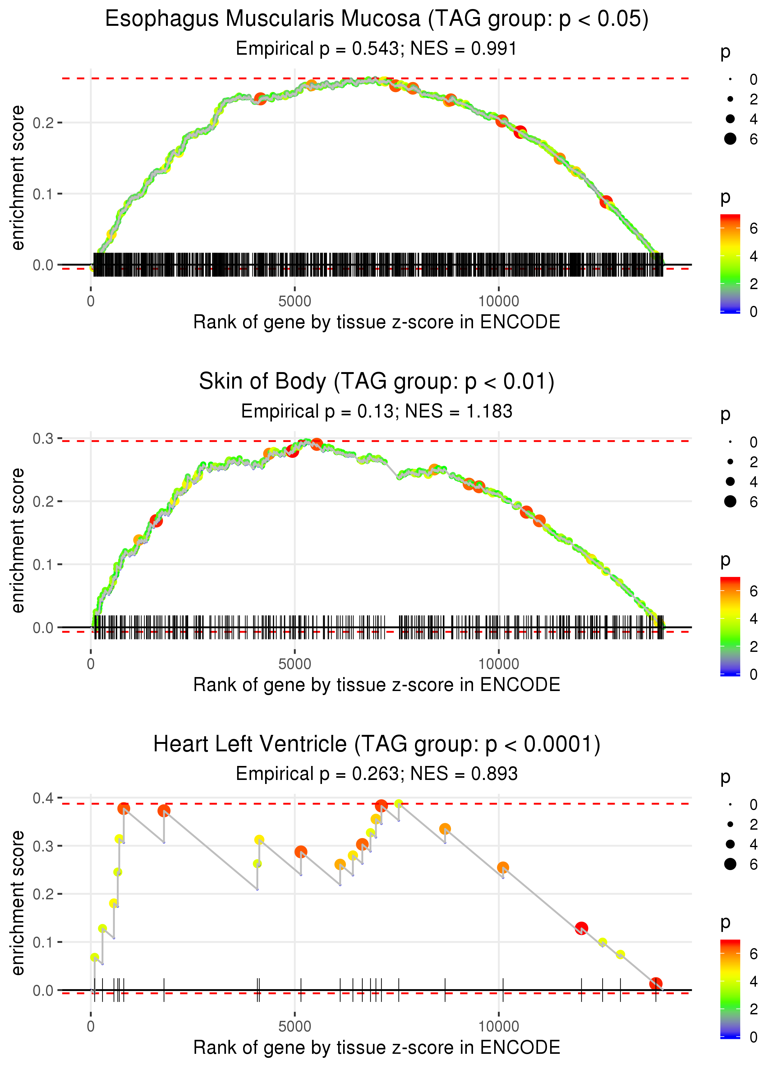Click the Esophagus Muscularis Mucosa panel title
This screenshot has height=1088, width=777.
click(377, 19)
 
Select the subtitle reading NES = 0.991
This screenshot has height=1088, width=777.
click(377, 49)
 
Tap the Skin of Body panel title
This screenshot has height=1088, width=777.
click(377, 382)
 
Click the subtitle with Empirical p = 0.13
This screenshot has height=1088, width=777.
click(377, 412)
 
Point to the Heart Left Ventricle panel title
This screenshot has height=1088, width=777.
click(377, 745)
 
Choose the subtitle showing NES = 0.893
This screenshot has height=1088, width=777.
click(377, 774)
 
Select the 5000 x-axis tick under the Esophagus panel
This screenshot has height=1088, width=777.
click(295, 302)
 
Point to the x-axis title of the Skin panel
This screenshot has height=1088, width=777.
click(377, 685)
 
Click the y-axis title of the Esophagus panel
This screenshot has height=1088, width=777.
click(18, 178)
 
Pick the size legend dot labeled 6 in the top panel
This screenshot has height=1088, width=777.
click(730, 139)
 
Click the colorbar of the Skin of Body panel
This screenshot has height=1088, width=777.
click(730, 626)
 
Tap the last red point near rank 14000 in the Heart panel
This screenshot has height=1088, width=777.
click(655, 984)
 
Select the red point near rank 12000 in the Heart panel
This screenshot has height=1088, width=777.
click(581, 928)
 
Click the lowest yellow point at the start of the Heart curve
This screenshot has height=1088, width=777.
click(95, 957)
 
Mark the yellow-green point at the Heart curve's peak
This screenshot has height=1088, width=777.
click(398, 804)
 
